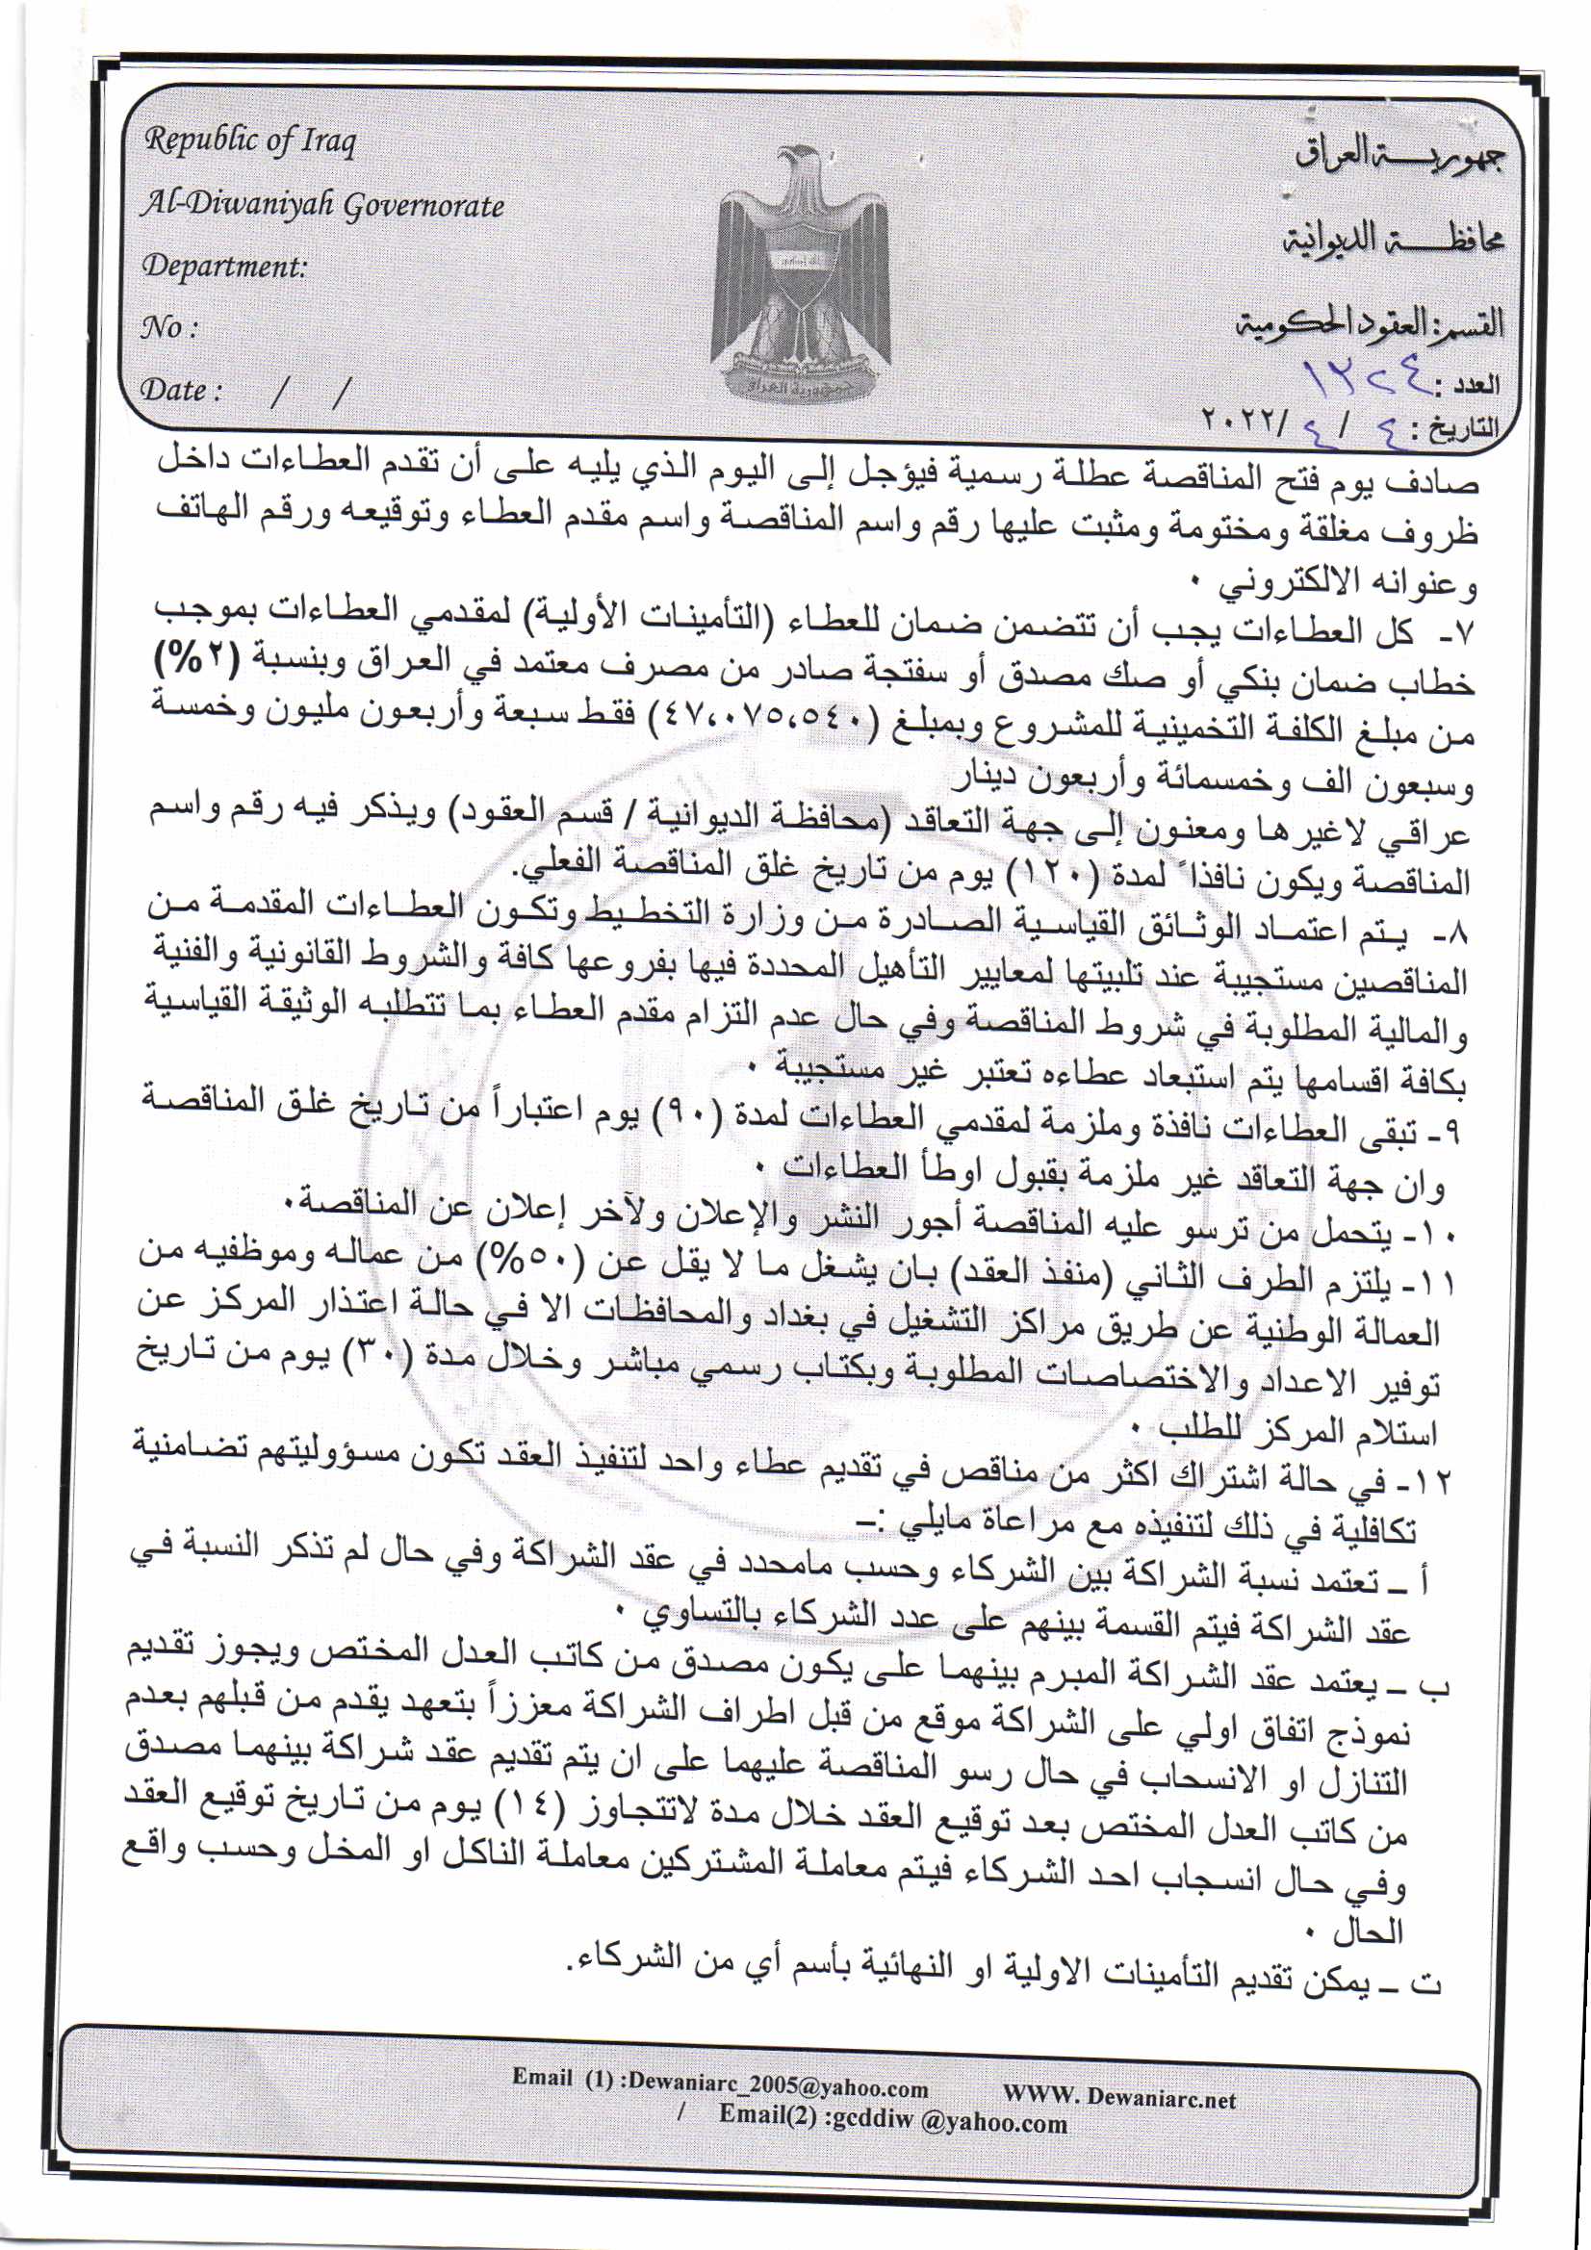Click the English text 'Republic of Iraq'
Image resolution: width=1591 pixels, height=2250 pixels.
click(250, 142)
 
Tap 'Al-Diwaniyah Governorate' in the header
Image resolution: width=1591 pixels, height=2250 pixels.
click(322, 205)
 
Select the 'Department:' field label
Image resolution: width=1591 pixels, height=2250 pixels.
click(224, 267)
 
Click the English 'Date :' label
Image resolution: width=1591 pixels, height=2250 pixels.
click(181, 390)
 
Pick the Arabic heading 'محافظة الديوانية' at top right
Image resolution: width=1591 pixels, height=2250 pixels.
click(1392, 238)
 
